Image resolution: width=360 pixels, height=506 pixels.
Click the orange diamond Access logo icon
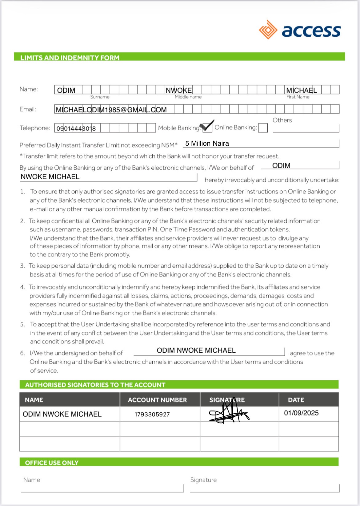tap(268, 30)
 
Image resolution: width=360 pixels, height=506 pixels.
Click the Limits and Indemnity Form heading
tap(70, 58)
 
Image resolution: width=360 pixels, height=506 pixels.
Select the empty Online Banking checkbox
tap(263, 128)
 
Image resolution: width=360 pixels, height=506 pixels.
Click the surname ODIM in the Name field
tap(66, 90)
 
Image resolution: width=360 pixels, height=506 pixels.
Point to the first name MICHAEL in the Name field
tap(302, 90)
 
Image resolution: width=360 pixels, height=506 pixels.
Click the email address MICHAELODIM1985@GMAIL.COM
tap(111, 110)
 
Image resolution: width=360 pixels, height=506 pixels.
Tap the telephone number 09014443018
tap(76, 128)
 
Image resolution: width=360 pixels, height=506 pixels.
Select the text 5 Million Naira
tap(207, 143)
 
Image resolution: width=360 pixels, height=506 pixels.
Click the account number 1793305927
tap(152, 414)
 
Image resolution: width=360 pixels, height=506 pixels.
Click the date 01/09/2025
tap(301, 413)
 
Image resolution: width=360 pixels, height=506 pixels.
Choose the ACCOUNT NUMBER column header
tap(157, 400)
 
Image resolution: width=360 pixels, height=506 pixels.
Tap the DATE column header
tap(296, 400)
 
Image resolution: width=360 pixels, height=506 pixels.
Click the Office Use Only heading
tap(52, 463)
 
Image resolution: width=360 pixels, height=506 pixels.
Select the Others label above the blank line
tap(282, 120)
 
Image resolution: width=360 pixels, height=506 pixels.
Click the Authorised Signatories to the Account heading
tap(95, 385)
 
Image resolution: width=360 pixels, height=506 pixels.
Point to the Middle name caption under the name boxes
tap(188, 97)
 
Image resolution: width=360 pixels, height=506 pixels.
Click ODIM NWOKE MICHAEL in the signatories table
tap(62, 414)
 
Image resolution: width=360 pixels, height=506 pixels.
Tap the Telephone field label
tap(35, 128)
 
